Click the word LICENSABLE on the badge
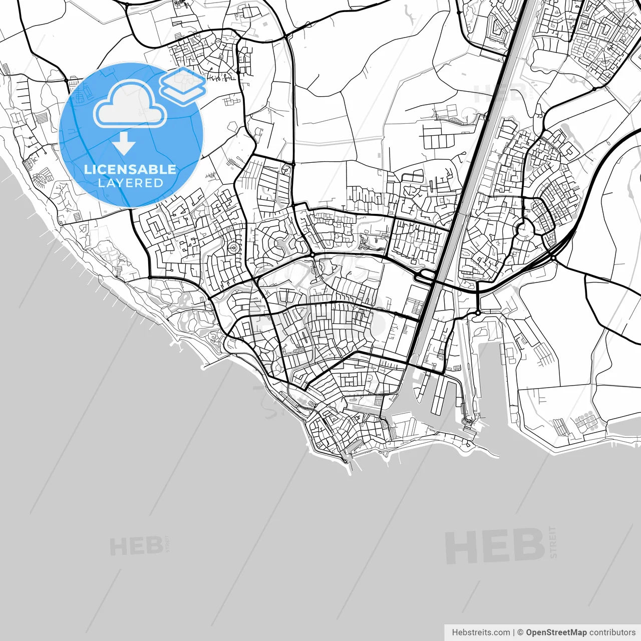click(x=130, y=169)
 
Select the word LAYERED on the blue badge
click(x=130, y=183)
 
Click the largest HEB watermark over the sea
click(x=494, y=546)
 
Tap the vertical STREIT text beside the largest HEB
click(x=553, y=542)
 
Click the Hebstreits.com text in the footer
click(x=481, y=632)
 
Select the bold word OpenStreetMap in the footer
click(x=556, y=632)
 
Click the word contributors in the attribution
click(x=612, y=632)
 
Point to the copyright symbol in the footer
click(x=520, y=632)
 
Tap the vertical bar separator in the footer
click(x=514, y=632)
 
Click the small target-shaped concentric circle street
click(x=233, y=247)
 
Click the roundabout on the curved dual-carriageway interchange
click(x=552, y=257)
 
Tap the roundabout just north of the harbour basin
click(x=478, y=312)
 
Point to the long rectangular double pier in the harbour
click(x=438, y=396)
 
